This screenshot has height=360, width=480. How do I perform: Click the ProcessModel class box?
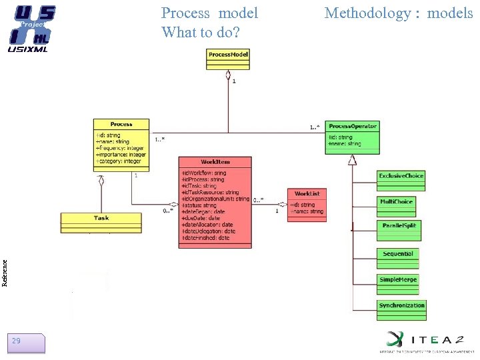pos(229,59)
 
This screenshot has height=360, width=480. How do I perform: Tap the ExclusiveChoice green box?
pos(401,180)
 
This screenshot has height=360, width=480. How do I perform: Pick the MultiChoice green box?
pos(397,206)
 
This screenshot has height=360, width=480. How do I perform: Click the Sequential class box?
pos(398,258)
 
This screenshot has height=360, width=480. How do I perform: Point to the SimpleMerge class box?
pos(398,283)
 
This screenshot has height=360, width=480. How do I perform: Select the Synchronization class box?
pos(401,310)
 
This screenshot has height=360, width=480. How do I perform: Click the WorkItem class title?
pos(215,162)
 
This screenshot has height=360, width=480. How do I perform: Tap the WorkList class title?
pos(307,193)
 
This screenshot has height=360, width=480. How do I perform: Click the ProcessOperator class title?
pos(353,126)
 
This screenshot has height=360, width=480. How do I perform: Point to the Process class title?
pos(121,124)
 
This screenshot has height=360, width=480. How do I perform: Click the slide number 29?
pos(16,341)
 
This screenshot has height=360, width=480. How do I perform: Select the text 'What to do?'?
pos(201,32)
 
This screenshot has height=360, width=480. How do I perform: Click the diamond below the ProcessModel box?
pos(229,74)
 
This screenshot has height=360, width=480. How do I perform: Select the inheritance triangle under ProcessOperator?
pos(352,159)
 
